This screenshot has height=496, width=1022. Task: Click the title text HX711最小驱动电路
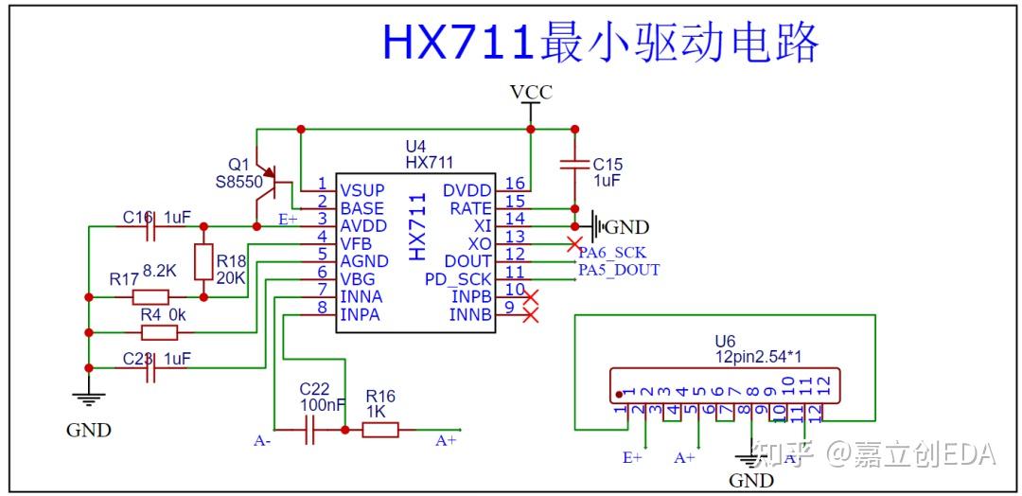(x=600, y=43)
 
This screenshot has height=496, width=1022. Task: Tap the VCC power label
(x=530, y=92)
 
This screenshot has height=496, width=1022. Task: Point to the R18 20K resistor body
(x=203, y=261)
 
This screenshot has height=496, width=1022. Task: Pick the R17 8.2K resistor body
(x=150, y=296)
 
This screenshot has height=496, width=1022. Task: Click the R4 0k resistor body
(x=159, y=332)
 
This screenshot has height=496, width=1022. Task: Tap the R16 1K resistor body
(x=380, y=431)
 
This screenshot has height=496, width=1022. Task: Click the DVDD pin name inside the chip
(x=467, y=189)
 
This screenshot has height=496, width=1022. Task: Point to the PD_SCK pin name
(x=458, y=279)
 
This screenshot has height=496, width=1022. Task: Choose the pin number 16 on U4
(x=515, y=184)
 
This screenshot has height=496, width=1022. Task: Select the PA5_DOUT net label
(x=619, y=270)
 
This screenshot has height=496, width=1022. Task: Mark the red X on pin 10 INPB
(x=531, y=297)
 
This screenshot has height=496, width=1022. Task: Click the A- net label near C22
(x=262, y=440)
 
